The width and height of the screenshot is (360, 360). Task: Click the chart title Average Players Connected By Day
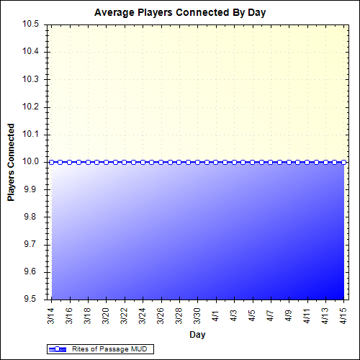(180, 13)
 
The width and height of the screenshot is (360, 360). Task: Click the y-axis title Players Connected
(12, 162)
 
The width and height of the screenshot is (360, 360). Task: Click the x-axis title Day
(197, 335)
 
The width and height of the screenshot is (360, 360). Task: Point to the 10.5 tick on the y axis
(30, 24)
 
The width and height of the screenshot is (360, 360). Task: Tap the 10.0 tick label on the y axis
(30, 162)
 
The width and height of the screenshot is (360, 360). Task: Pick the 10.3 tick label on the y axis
(30, 79)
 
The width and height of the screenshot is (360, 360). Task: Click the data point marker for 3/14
(51, 162)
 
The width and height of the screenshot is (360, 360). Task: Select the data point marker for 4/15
(343, 162)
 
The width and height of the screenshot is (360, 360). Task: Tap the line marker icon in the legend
(57, 350)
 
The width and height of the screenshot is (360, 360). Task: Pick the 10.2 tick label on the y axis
(30, 107)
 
